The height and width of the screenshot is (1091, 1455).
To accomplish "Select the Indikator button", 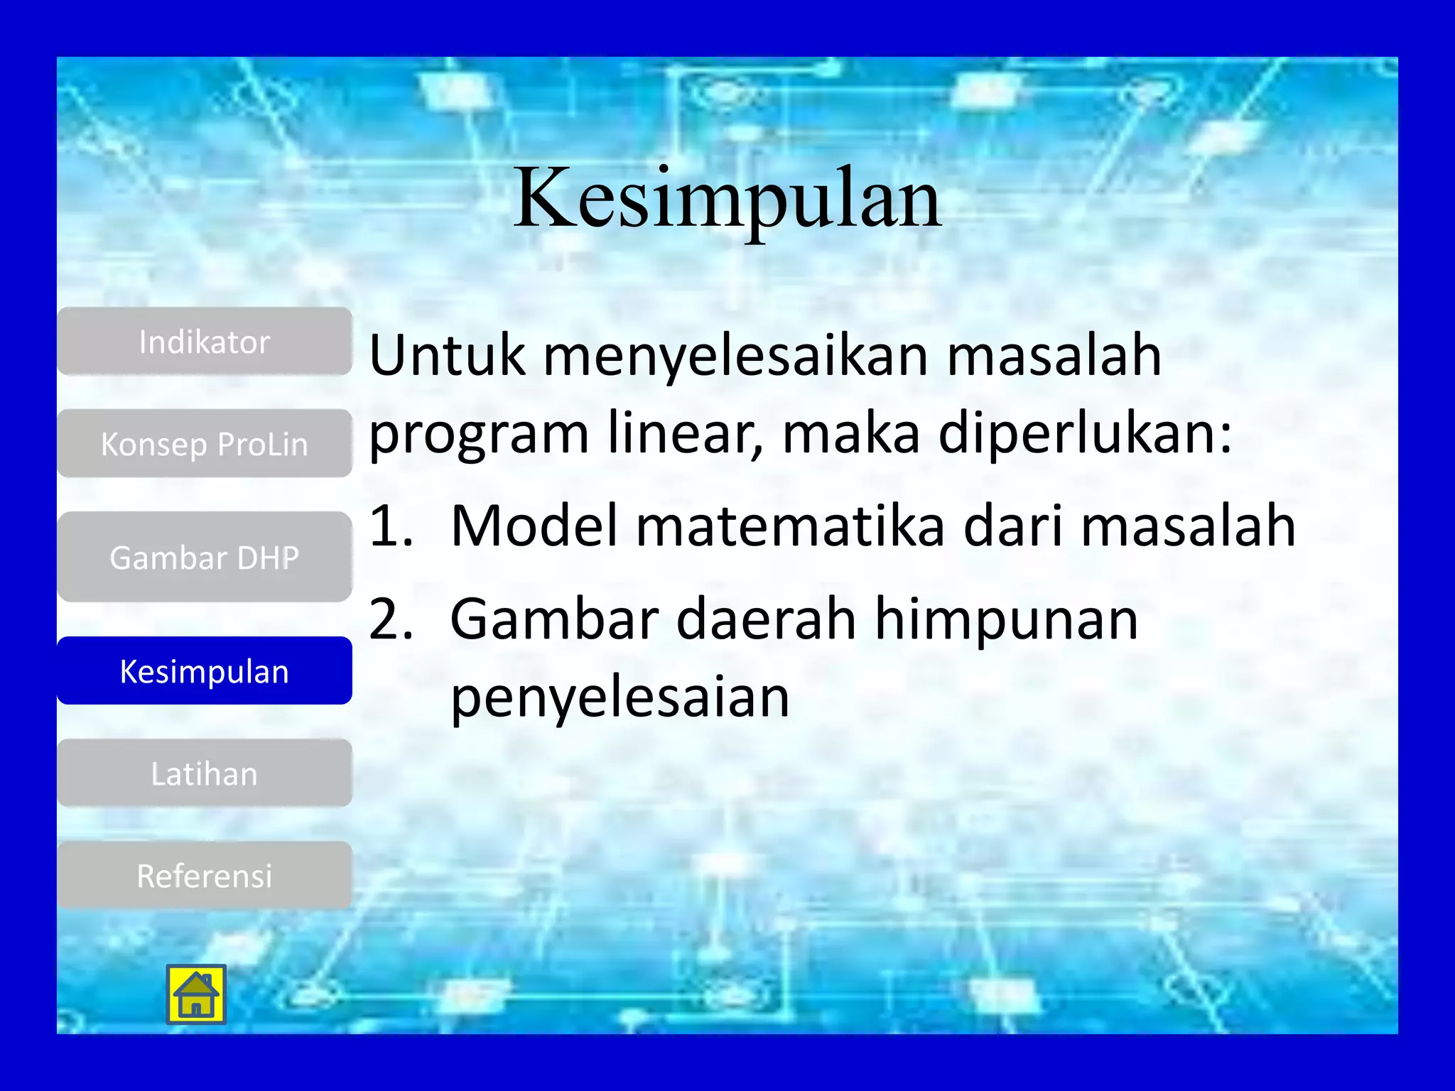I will click(205, 342).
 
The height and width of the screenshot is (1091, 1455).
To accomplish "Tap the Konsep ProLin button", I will click(205, 444).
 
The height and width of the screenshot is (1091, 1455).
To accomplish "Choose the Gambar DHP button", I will click(205, 558).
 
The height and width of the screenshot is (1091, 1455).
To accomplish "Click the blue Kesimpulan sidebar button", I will click(205, 671).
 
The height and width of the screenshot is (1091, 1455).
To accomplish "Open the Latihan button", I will click(205, 774).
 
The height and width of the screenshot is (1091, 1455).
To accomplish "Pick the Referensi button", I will click(205, 876).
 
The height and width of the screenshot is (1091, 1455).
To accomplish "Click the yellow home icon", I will click(196, 994).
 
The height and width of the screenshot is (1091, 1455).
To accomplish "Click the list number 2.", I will click(391, 619).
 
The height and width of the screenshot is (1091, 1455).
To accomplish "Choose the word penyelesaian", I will click(620, 698).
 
